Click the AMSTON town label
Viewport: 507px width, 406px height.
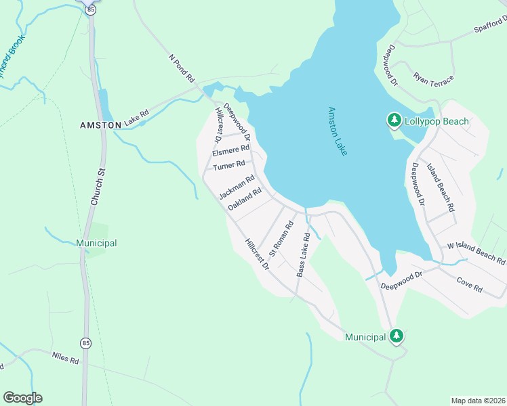(100, 125)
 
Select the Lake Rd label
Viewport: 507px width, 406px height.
(135, 116)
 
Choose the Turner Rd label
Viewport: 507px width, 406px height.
(228, 166)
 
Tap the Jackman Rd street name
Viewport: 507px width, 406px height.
(236, 187)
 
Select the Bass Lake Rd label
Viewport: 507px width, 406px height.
(303, 255)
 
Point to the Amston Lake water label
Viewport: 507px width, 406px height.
(337, 131)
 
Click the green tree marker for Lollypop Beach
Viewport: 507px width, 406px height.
(394, 120)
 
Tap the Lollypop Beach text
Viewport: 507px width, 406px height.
(437, 121)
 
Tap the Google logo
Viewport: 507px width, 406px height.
(22, 398)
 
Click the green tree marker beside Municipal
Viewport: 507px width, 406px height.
(397, 336)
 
